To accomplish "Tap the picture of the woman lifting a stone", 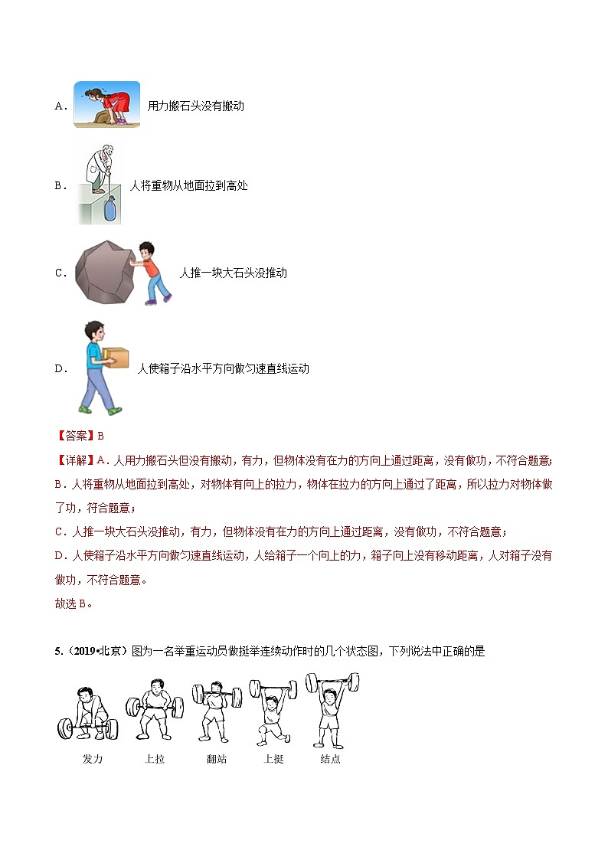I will tap(106, 104).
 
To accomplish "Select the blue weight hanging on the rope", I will tap(110, 208).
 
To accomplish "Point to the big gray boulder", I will tap(106, 272).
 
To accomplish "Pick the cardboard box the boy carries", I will tap(116, 358).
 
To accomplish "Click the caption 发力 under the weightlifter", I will tap(92, 759).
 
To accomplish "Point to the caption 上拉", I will tap(154, 759).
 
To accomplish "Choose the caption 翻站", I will tap(217, 759).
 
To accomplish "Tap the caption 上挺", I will tap(273, 759).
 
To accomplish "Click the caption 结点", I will tap(331, 759).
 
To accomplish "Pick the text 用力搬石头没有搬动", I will tap(195, 106).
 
